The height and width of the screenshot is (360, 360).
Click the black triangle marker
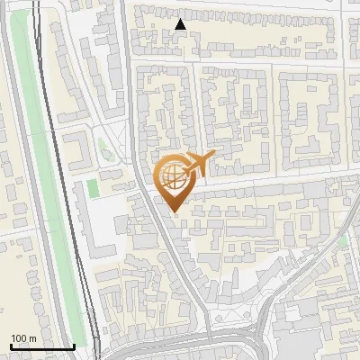(181, 24)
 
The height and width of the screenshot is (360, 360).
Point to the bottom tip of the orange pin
(173, 211)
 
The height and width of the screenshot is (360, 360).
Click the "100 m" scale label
(23, 337)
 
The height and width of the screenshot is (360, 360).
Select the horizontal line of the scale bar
(41, 346)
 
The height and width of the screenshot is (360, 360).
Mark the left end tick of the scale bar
(10, 346)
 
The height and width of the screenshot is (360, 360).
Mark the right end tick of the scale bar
(74, 346)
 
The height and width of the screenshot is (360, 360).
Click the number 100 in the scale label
(19, 337)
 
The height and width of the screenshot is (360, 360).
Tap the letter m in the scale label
(32, 337)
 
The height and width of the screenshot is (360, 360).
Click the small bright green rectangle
(92, 189)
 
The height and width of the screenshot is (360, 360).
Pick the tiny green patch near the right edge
(343, 241)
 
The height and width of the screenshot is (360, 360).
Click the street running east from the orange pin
(270, 183)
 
